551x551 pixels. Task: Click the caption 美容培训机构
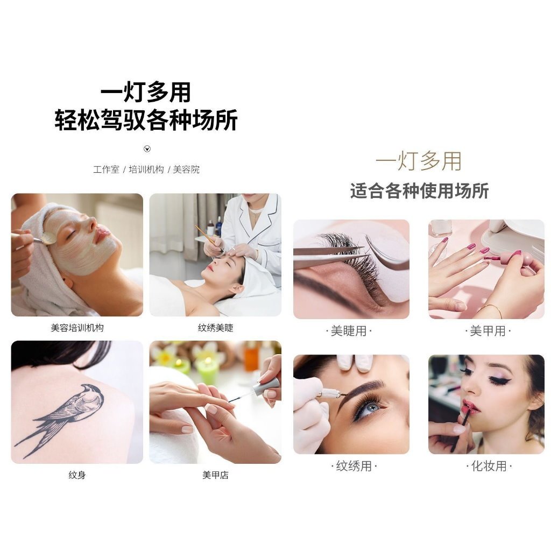(x=77, y=328)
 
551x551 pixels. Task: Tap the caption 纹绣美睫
(x=215, y=328)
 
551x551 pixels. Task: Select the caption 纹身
(x=77, y=475)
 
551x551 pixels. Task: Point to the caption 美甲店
(x=215, y=475)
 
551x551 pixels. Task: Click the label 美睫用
(x=349, y=331)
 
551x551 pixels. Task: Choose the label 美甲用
(x=488, y=331)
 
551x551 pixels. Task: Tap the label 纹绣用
(x=354, y=466)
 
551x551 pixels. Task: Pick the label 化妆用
(x=489, y=466)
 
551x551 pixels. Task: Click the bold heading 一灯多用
(x=145, y=93)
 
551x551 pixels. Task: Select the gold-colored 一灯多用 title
(x=418, y=161)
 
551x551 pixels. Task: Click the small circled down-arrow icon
(x=147, y=149)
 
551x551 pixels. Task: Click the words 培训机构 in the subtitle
(x=146, y=169)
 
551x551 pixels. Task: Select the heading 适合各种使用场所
(x=419, y=191)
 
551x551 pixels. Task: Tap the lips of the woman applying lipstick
(x=470, y=407)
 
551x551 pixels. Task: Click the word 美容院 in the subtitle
(x=186, y=169)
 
